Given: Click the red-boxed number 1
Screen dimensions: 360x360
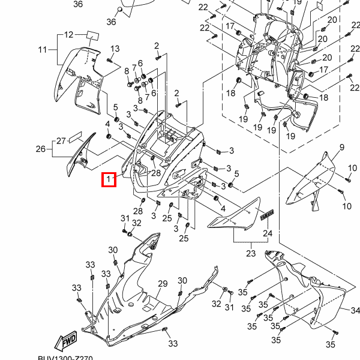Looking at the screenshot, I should tap(108, 179).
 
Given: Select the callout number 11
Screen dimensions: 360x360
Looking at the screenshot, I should tap(42, 49).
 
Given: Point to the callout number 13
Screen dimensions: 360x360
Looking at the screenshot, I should tap(115, 49).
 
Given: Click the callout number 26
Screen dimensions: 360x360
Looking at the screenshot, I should tap(40, 149).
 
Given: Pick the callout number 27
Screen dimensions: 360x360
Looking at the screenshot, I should tap(61, 142).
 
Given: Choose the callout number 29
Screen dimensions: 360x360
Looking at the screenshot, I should tap(163, 284).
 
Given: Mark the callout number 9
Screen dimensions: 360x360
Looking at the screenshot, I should tap(341, 148).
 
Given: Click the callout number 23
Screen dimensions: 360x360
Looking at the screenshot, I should tap(250, 253).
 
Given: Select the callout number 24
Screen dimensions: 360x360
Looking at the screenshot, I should tap(268, 233).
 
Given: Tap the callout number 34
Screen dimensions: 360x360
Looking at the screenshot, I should tap(355, 311).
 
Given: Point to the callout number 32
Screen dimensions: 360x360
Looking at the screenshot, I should tap(137, 223).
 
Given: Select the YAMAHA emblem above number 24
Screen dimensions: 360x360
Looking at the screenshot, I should tap(267, 215).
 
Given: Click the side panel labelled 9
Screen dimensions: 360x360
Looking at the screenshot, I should tap(313, 180).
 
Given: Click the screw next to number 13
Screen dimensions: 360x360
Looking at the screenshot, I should tap(109, 60).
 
